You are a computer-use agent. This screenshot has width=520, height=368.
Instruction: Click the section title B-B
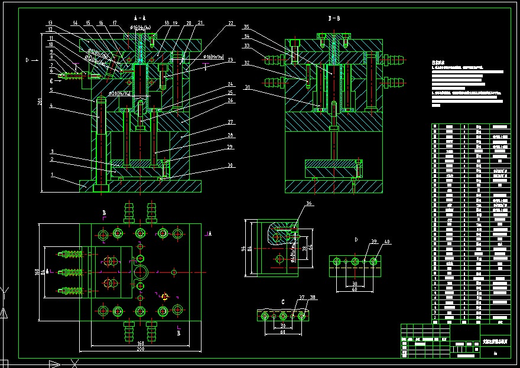(334, 18)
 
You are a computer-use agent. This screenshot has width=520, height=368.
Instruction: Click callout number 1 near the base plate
(51, 175)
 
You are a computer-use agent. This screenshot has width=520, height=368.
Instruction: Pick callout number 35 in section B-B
(246, 27)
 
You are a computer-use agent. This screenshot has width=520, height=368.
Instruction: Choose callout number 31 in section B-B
(246, 88)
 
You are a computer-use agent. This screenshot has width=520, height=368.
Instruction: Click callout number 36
(308, 203)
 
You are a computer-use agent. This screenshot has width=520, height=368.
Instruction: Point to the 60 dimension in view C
(283, 332)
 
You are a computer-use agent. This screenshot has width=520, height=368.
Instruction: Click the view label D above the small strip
(356, 239)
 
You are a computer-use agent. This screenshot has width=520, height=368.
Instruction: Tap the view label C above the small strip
(282, 302)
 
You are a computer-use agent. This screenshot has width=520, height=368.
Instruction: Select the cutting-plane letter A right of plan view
(210, 234)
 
